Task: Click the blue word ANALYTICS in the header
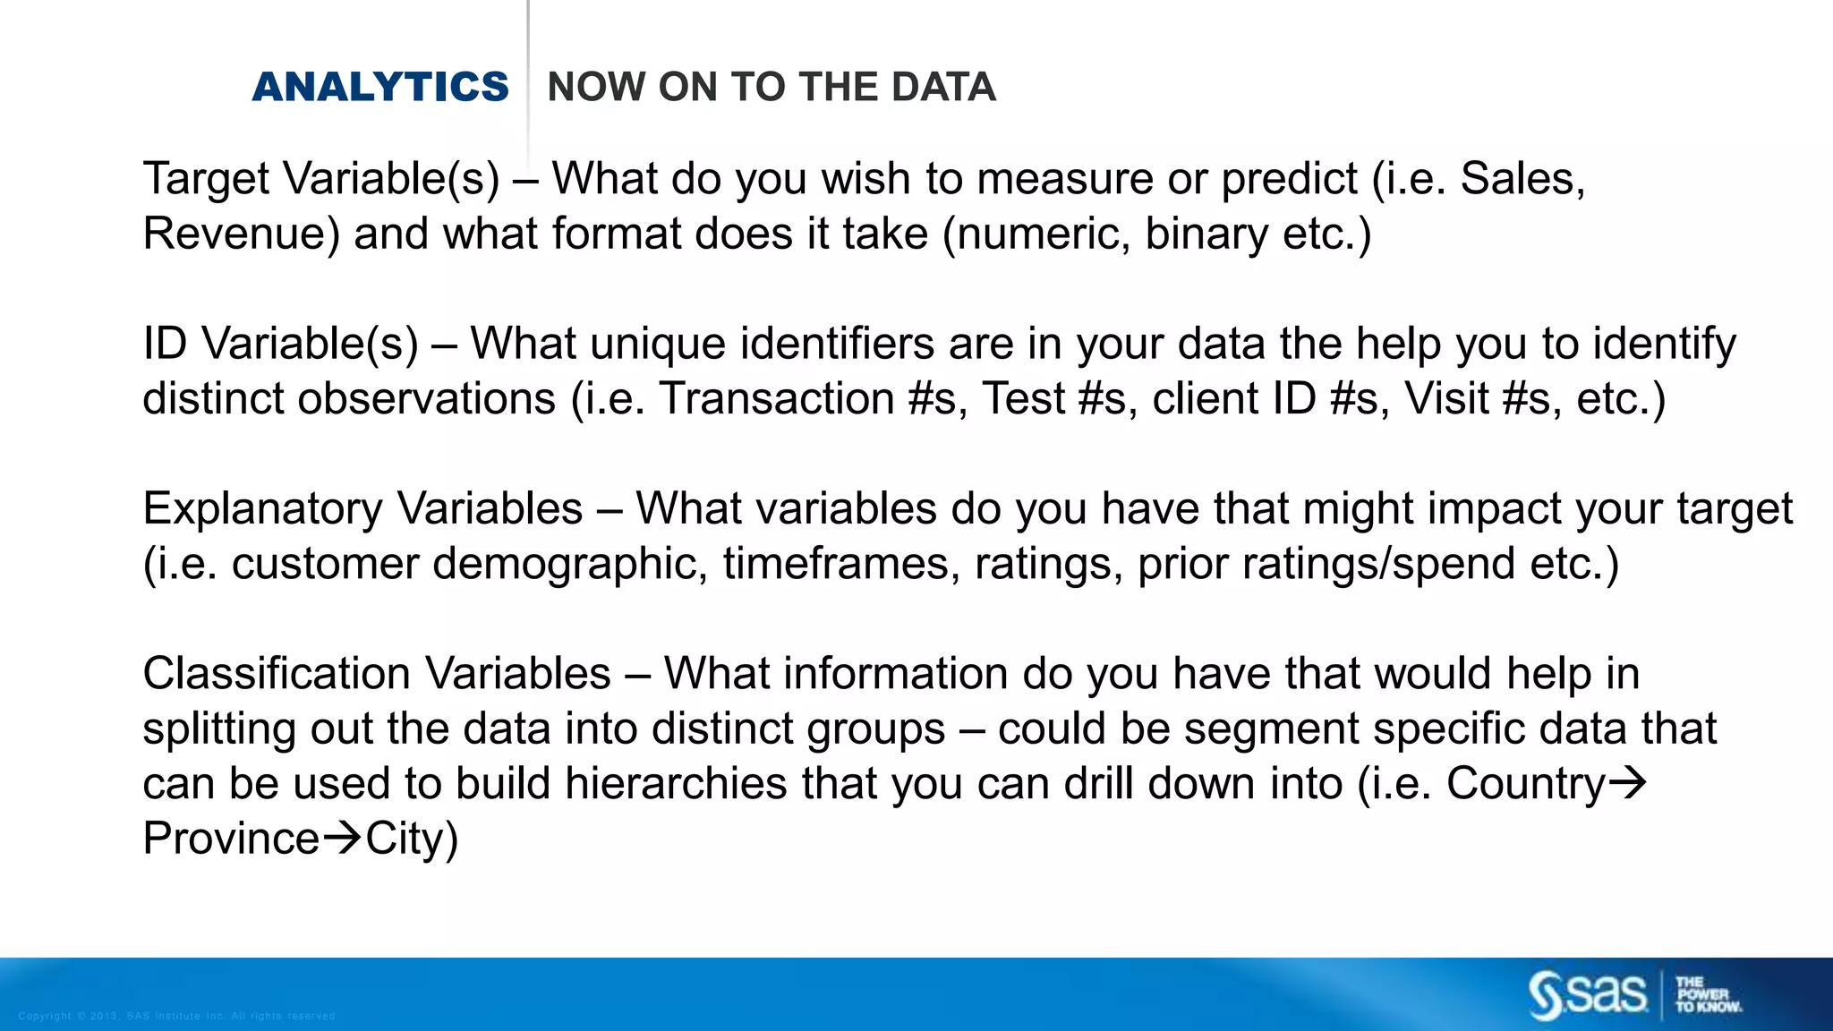(380, 87)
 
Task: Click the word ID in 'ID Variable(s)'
(165, 344)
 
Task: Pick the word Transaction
(776, 399)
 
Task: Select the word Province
(231, 839)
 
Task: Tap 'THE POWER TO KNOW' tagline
(1708, 994)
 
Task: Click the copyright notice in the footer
(176, 1016)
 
